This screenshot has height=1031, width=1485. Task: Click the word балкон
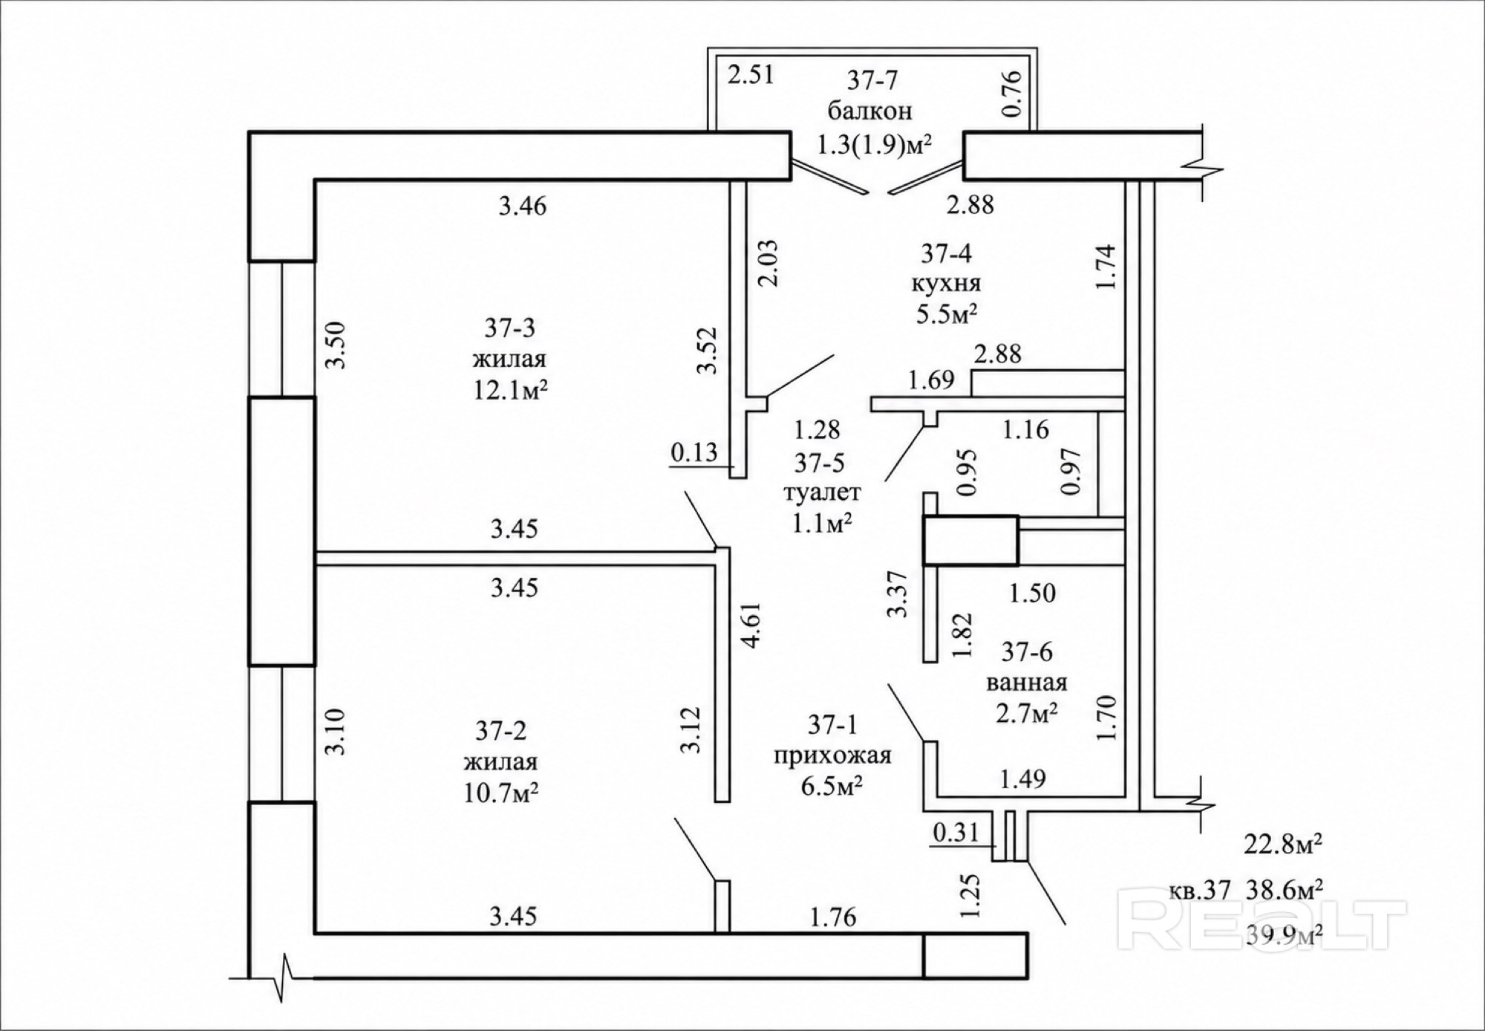(869, 111)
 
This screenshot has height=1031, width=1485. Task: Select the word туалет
(822, 492)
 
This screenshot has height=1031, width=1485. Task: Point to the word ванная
(1028, 682)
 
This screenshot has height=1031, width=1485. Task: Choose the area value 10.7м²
(500, 793)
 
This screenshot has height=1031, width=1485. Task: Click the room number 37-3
(510, 327)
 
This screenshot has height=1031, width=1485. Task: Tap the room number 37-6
(1027, 651)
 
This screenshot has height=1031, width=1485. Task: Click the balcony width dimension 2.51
(751, 76)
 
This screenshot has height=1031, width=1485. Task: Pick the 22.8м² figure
(1284, 843)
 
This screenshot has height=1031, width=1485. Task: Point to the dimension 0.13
(694, 452)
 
